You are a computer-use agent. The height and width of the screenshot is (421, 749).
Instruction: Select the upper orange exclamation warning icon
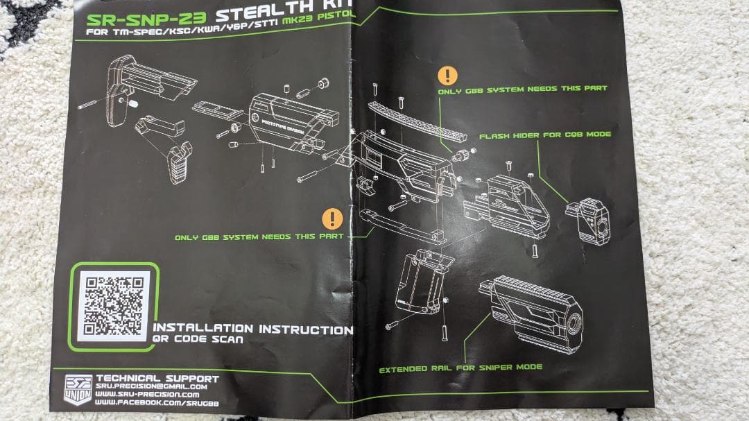[448, 76]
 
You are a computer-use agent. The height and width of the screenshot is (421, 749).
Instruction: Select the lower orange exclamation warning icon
[334, 220]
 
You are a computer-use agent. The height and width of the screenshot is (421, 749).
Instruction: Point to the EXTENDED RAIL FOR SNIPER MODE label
[460, 368]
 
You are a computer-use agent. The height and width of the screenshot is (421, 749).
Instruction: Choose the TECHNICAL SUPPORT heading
[158, 379]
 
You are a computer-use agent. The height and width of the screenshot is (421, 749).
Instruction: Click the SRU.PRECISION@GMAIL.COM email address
[152, 387]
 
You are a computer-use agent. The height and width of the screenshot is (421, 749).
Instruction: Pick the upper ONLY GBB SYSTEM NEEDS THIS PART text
[522, 89]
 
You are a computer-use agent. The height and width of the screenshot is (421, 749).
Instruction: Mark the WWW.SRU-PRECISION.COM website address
[147, 395]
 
